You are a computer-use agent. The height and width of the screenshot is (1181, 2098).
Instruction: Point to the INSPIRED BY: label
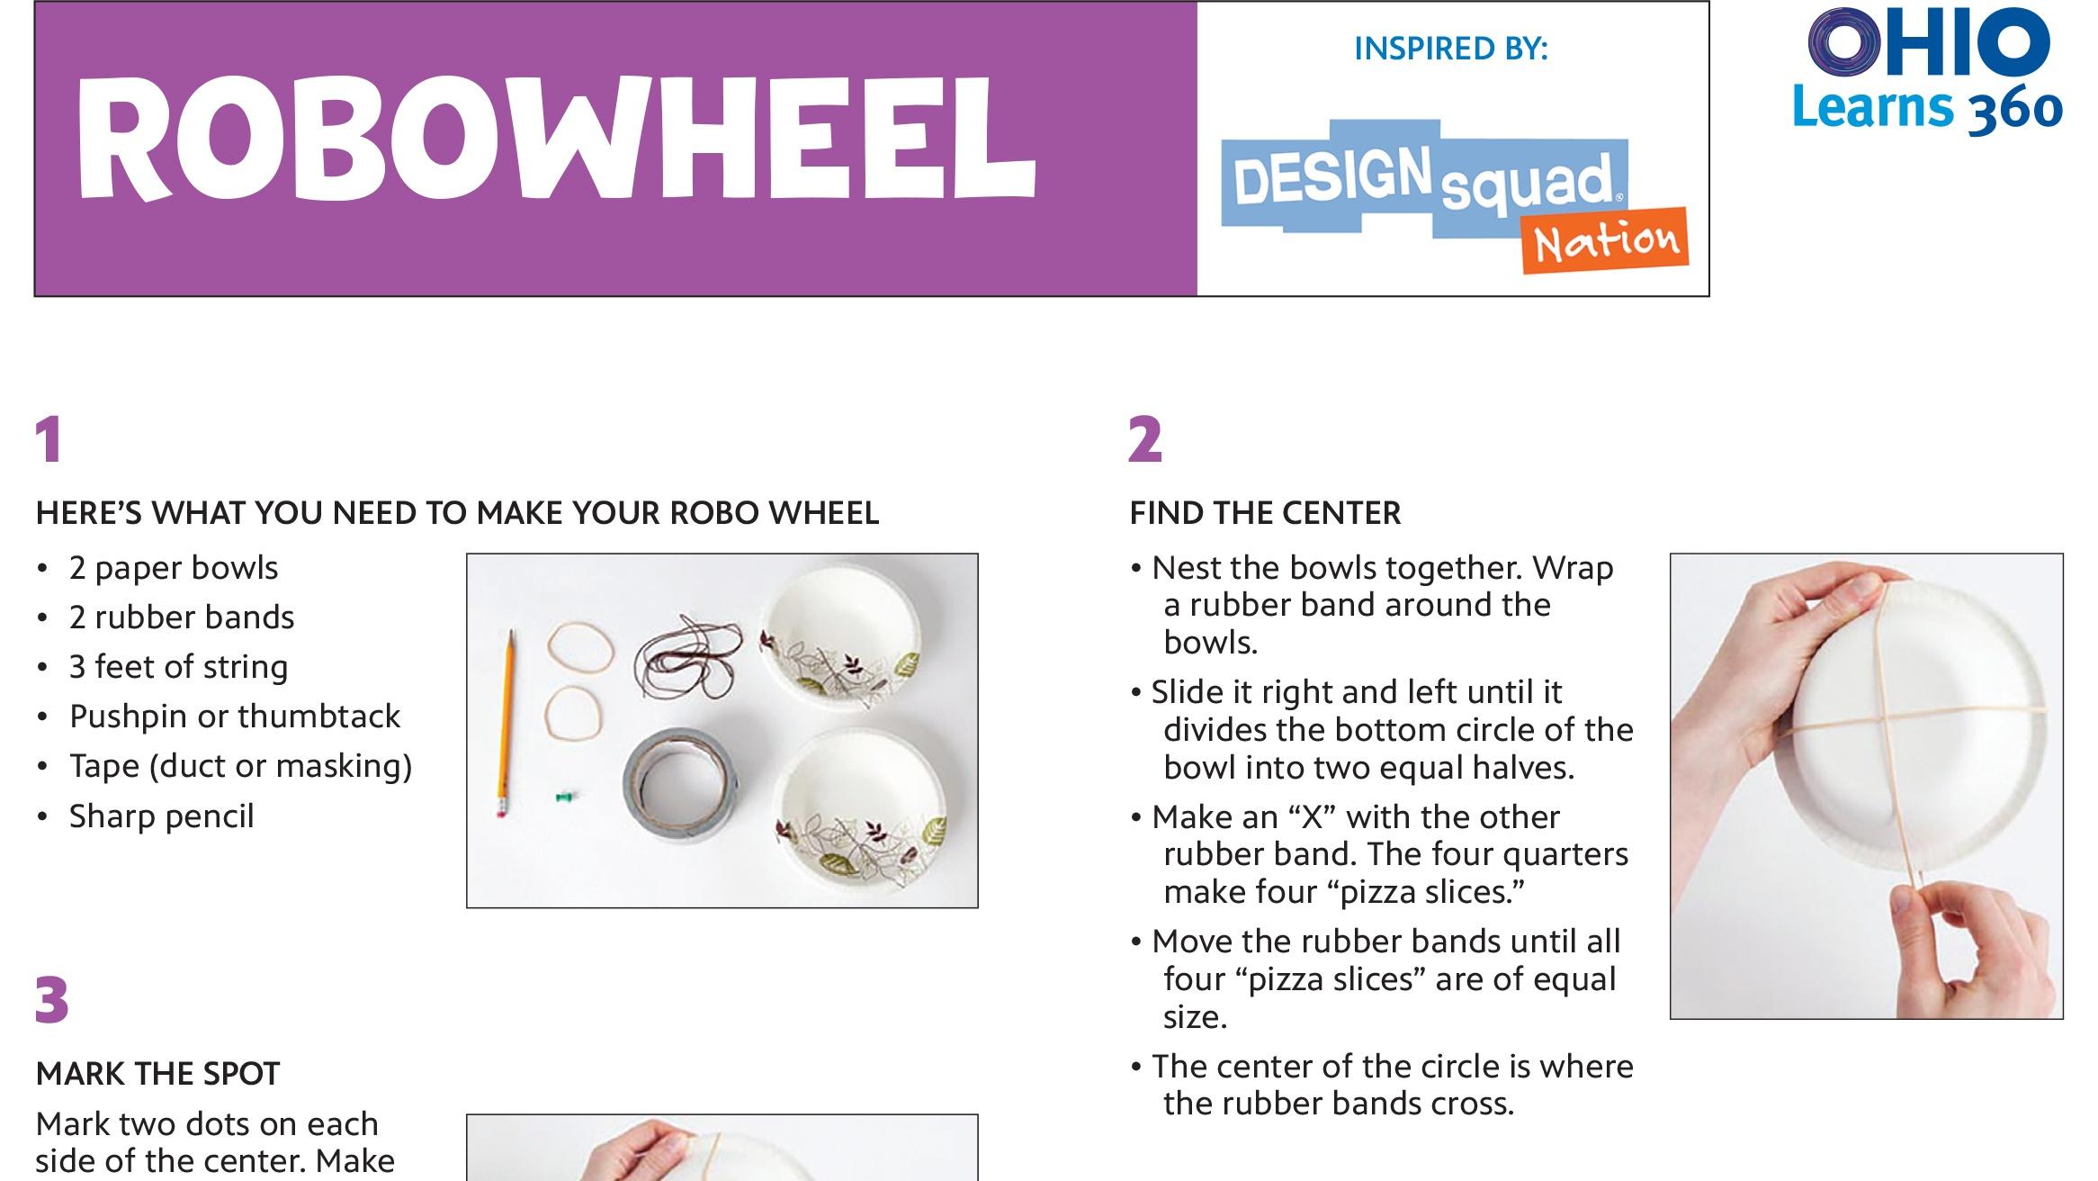[x=1450, y=49]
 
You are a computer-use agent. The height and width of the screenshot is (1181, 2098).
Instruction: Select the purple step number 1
[x=49, y=440]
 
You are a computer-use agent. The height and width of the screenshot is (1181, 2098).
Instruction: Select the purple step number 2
[x=1144, y=440]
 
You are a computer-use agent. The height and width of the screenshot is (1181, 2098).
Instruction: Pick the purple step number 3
[x=52, y=1001]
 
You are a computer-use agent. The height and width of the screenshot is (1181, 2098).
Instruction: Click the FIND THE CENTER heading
[x=1265, y=513]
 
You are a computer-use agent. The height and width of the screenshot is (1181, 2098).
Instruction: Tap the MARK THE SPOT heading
[x=158, y=1074]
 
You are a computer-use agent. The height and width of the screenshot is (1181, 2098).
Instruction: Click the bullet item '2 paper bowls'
[x=174, y=568]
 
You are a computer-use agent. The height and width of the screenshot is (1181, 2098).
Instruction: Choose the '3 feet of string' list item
[x=178, y=667]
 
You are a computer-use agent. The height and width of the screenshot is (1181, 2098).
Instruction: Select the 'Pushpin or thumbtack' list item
[x=235, y=717]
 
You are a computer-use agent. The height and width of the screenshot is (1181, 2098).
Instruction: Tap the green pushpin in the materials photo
[x=565, y=797]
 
